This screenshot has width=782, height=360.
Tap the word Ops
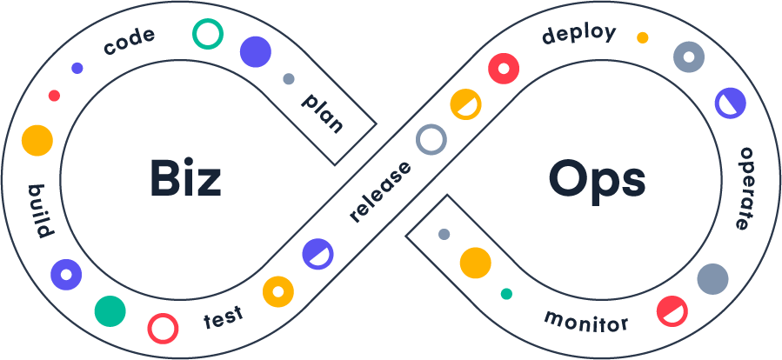tap(597, 181)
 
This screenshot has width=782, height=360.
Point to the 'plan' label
tap(323, 112)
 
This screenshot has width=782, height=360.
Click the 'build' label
tap(41, 211)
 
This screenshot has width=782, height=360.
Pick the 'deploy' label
tap(578, 35)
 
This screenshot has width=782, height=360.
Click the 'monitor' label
tap(585, 320)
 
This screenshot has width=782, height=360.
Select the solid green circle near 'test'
tap(110, 310)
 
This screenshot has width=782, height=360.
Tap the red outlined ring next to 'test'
tap(163, 328)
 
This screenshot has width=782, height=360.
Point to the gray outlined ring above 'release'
tap(431, 139)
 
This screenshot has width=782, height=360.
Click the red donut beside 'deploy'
tap(504, 68)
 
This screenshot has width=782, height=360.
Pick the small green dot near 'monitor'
tap(506, 294)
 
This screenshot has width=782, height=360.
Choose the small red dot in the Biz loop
tap(54, 96)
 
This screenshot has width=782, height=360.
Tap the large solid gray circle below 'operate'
tap(712, 279)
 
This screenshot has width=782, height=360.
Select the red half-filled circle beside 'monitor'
tap(672, 310)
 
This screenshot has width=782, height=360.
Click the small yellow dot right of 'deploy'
tap(642, 37)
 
